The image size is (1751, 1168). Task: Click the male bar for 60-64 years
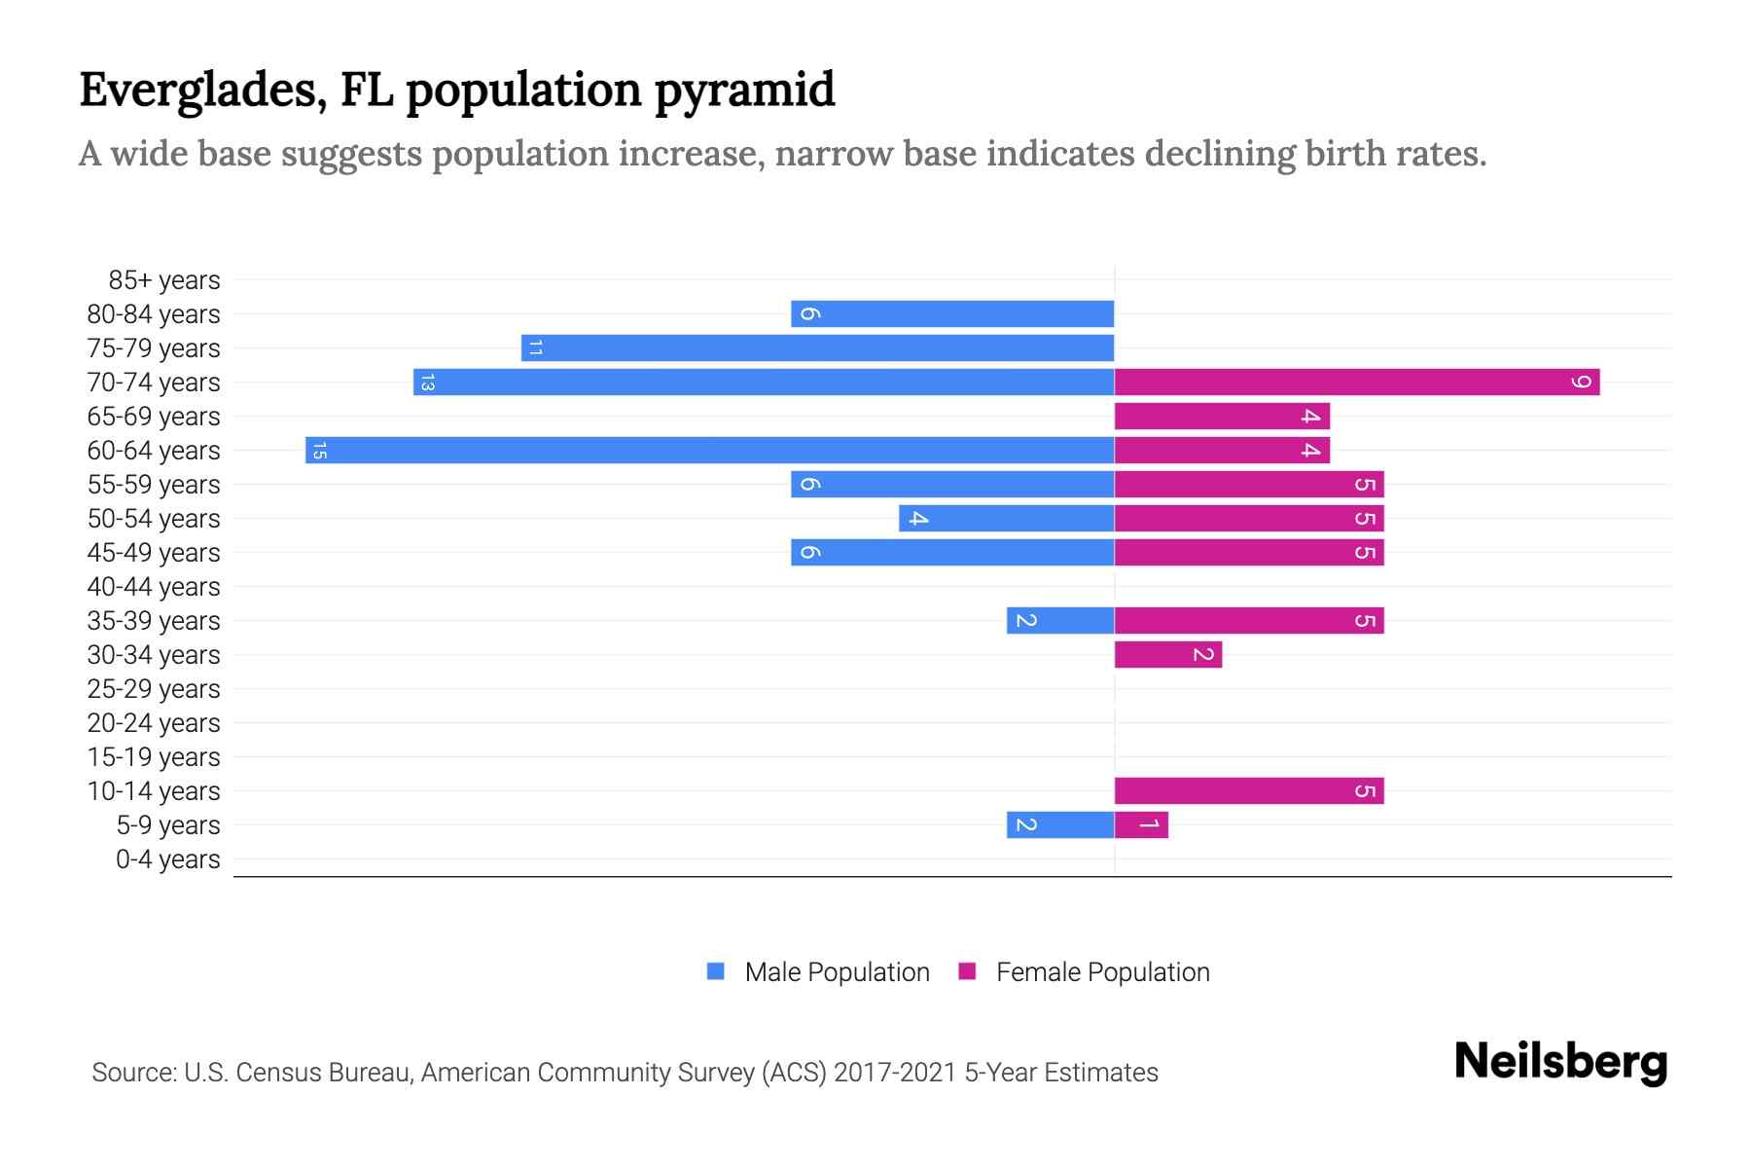[710, 451]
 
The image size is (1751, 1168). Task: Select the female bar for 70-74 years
[1357, 383]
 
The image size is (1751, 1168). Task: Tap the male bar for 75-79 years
[817, 348]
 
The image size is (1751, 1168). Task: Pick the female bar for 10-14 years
[1249, 791]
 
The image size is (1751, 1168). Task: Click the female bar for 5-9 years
[1141, 825]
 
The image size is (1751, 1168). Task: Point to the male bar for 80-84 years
[952, 314]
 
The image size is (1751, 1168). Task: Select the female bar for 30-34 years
[1167, 655]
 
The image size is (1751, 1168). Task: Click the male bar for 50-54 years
[1007, 519]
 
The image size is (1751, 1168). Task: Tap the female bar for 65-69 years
[1222, 417]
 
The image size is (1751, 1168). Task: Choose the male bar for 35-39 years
[1060, 621]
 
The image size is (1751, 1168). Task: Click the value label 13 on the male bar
[426, 383]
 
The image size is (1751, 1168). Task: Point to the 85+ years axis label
[164, 280]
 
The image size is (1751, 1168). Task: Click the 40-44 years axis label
[154, 587]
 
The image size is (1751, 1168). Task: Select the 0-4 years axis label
[167, 859]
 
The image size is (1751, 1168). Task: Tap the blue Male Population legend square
[716, 971]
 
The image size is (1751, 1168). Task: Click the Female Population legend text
[1102, 972]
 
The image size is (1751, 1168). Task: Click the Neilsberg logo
[1560, 1063]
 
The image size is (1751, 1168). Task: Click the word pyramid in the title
[744, 91]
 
